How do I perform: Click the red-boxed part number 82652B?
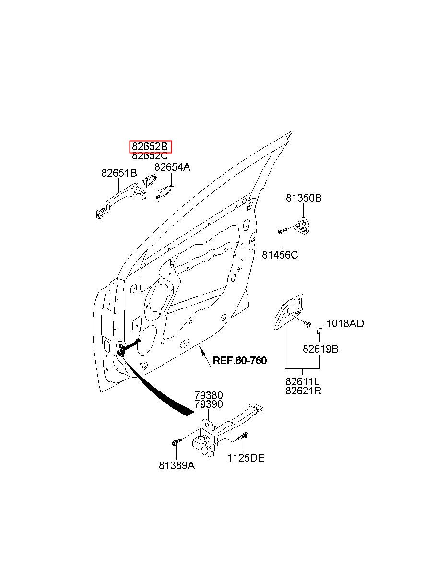click(150, 147)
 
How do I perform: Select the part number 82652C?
click(150, 155)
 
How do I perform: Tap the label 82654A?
click(172, 167)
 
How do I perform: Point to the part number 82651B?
click(119, 173)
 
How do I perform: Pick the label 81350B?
click(304, 198)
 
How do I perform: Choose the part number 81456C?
click(280, 255)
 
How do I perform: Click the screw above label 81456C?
click(283, 230)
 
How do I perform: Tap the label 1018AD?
click(345, 323)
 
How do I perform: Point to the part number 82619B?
click(320, 349)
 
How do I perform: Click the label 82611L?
click(303, 381)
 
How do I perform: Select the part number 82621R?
click(303, 391)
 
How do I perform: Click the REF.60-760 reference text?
click(240, 360)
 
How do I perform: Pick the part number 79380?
click(209, 395)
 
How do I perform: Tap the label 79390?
click(209, 404)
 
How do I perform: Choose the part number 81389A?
click(177, 466)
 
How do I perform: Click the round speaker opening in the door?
click(159, 298)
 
